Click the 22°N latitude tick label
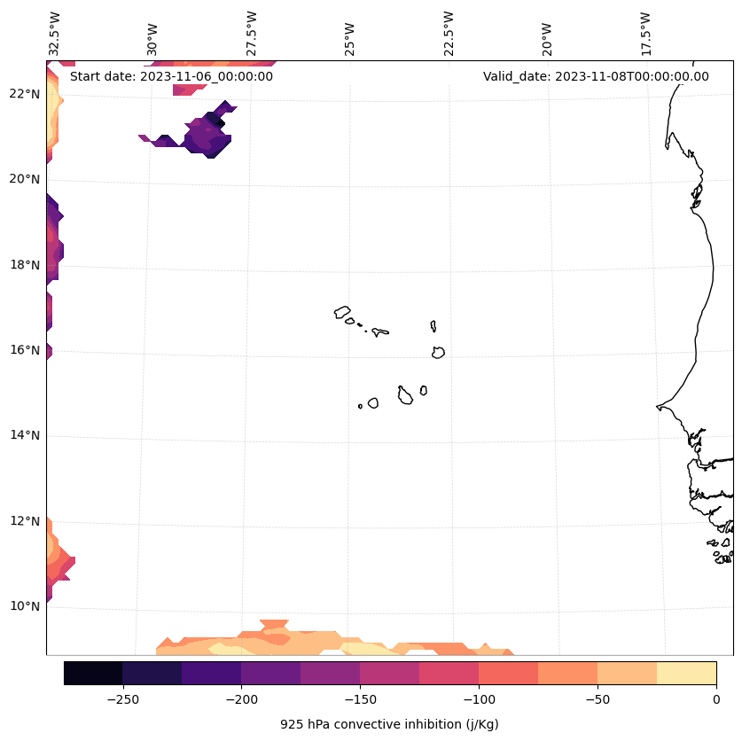click(x=26, y=94)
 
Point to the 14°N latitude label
click(x=26, y=435)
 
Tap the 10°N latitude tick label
click(x=26, y=606)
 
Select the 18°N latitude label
click(x=26, y=265)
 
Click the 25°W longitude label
click(x=350, y=34)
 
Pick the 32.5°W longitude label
click(x=55, y=34)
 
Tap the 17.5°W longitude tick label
click(x=644, y=34)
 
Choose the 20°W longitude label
click(x=546, y=34)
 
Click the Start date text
click(x=171, y=76)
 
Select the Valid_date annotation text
click(x=596, y=76)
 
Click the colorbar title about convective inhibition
click(x=389, y=724)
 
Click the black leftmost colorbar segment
click(x=93, y=673)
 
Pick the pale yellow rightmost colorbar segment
click(x=686, y=673)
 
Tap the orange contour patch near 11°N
click(x=59, y=562)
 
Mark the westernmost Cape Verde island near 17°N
click(x=342, y=312)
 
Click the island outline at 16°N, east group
click(x=438, y=352)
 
